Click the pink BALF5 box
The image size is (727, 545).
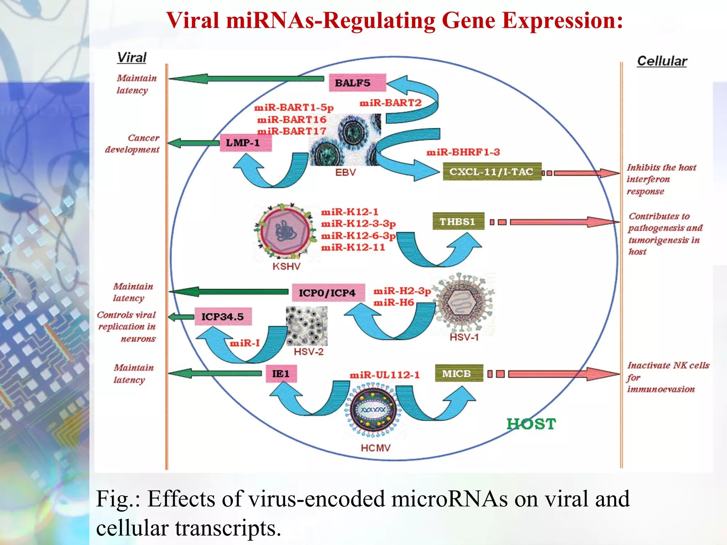click(357, 83)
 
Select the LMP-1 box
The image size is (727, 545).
click(246, 143)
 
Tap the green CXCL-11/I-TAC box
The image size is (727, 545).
click(492, 172)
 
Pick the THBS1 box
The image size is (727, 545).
click(458, 221)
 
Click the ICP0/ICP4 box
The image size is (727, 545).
click(328, 293)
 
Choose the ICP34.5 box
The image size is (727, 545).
click(223, 316)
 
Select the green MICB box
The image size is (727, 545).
click(459, 373)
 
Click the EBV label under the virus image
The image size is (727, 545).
click(345, 172)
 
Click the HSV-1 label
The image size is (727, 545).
click(464, 337)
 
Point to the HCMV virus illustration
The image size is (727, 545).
click(373, 410)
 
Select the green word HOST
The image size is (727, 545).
click(531, 424)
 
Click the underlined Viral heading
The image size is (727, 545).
click(132, 57)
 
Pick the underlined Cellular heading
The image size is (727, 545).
click(662, 61)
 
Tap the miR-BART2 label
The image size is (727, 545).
click(390, 103)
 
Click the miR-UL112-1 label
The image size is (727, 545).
click(384, 375)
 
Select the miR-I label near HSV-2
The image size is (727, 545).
click(245, 343)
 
